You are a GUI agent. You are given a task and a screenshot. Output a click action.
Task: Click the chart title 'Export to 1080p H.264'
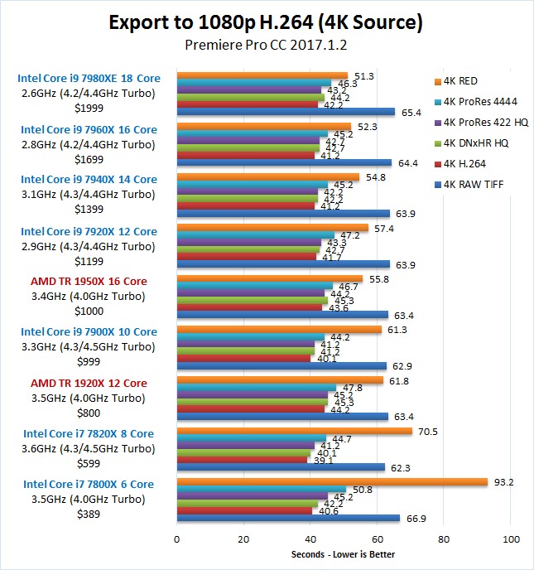266,22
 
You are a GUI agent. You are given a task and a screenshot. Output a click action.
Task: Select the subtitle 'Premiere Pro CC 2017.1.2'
266,48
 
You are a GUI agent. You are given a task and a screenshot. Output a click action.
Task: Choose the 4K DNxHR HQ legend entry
476,142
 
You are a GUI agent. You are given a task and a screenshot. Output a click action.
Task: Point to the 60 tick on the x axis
378,539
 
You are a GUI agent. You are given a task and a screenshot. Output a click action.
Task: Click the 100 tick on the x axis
511,539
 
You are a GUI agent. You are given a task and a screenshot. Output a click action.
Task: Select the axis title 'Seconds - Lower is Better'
344,554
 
